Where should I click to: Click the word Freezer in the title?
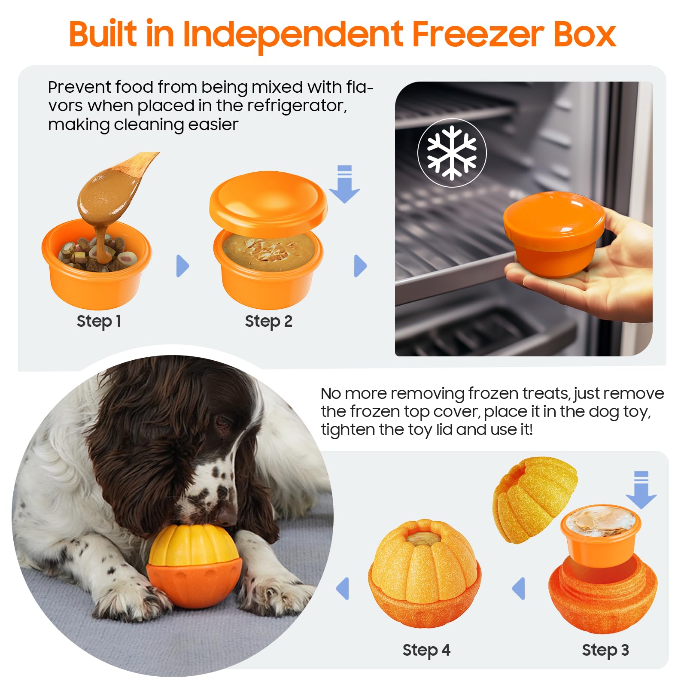tap(478, 34)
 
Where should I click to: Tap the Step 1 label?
tap(99, 321)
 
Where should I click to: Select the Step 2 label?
tap(268, 321)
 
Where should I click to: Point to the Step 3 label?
tap(605, 650)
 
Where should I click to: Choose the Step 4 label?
tap(426, 650)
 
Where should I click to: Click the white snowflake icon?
tap(452, 152)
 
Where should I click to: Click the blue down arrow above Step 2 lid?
tap(344, 184)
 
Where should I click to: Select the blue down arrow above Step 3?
tap(641, 490)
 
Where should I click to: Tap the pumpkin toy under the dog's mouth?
tap(194, 565)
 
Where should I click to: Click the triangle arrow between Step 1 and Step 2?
tap(182, 266)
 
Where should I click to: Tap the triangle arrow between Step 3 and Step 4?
tap(519, 588)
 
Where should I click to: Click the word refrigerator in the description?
tap(297, 106)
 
